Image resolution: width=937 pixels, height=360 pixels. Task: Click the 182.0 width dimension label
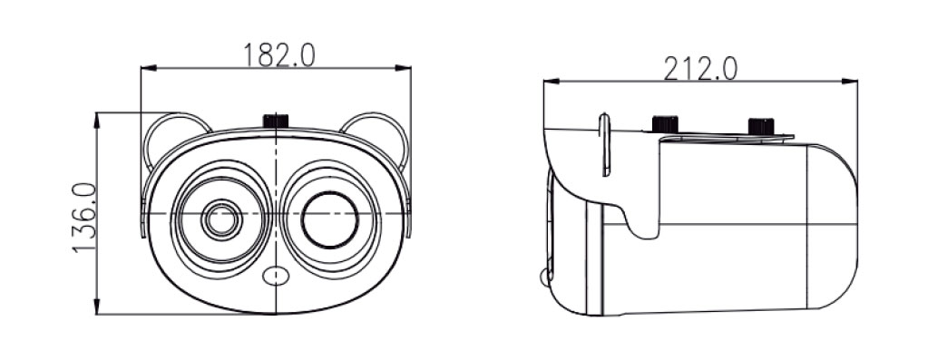coord(278,55)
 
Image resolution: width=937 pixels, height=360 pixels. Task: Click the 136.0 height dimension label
coord(84,218)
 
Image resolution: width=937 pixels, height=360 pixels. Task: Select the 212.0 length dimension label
coord(700,69)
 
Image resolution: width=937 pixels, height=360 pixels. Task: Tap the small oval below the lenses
coord(276,276)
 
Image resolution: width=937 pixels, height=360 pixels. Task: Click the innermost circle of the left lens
coord(221,220)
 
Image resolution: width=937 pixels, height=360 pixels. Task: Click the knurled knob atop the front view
coord(276,120)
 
